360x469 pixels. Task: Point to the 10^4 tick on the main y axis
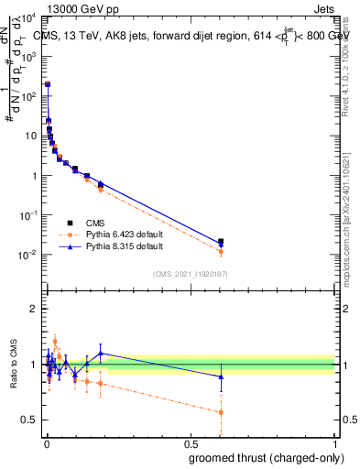pyautogui.click(x=29, y=16)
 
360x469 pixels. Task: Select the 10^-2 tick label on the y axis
pyautogui.click(x=29, y=255)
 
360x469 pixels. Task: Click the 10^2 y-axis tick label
pyautogui.click(x=29, y=96)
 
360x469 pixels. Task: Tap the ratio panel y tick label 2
pyautogui.click(x=35, y=309)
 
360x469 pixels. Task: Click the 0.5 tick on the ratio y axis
pyautogui.click(x=31, y=420)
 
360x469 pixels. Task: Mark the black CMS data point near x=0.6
pyautogui.click(x=221, y=242)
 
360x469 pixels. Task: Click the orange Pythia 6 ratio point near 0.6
pyautogui.click(x=221, y=412)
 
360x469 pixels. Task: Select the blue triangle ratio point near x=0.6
pyautogui.click(x=221, y=376)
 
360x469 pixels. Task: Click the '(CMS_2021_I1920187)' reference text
pyautogui.click(x=191, y=273)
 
